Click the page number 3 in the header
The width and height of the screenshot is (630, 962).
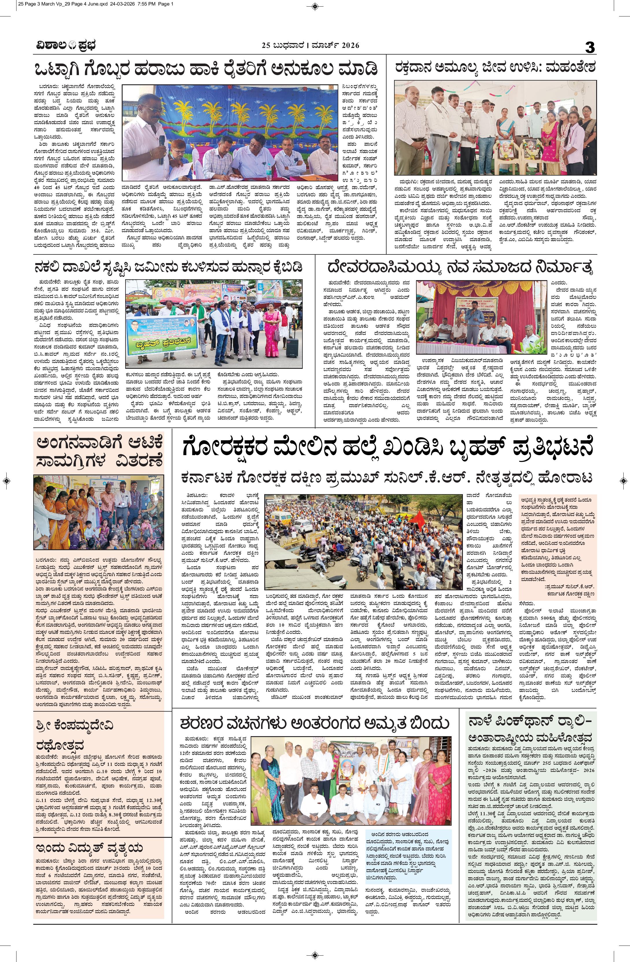590,48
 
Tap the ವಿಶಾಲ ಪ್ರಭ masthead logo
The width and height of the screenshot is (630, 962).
65,45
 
